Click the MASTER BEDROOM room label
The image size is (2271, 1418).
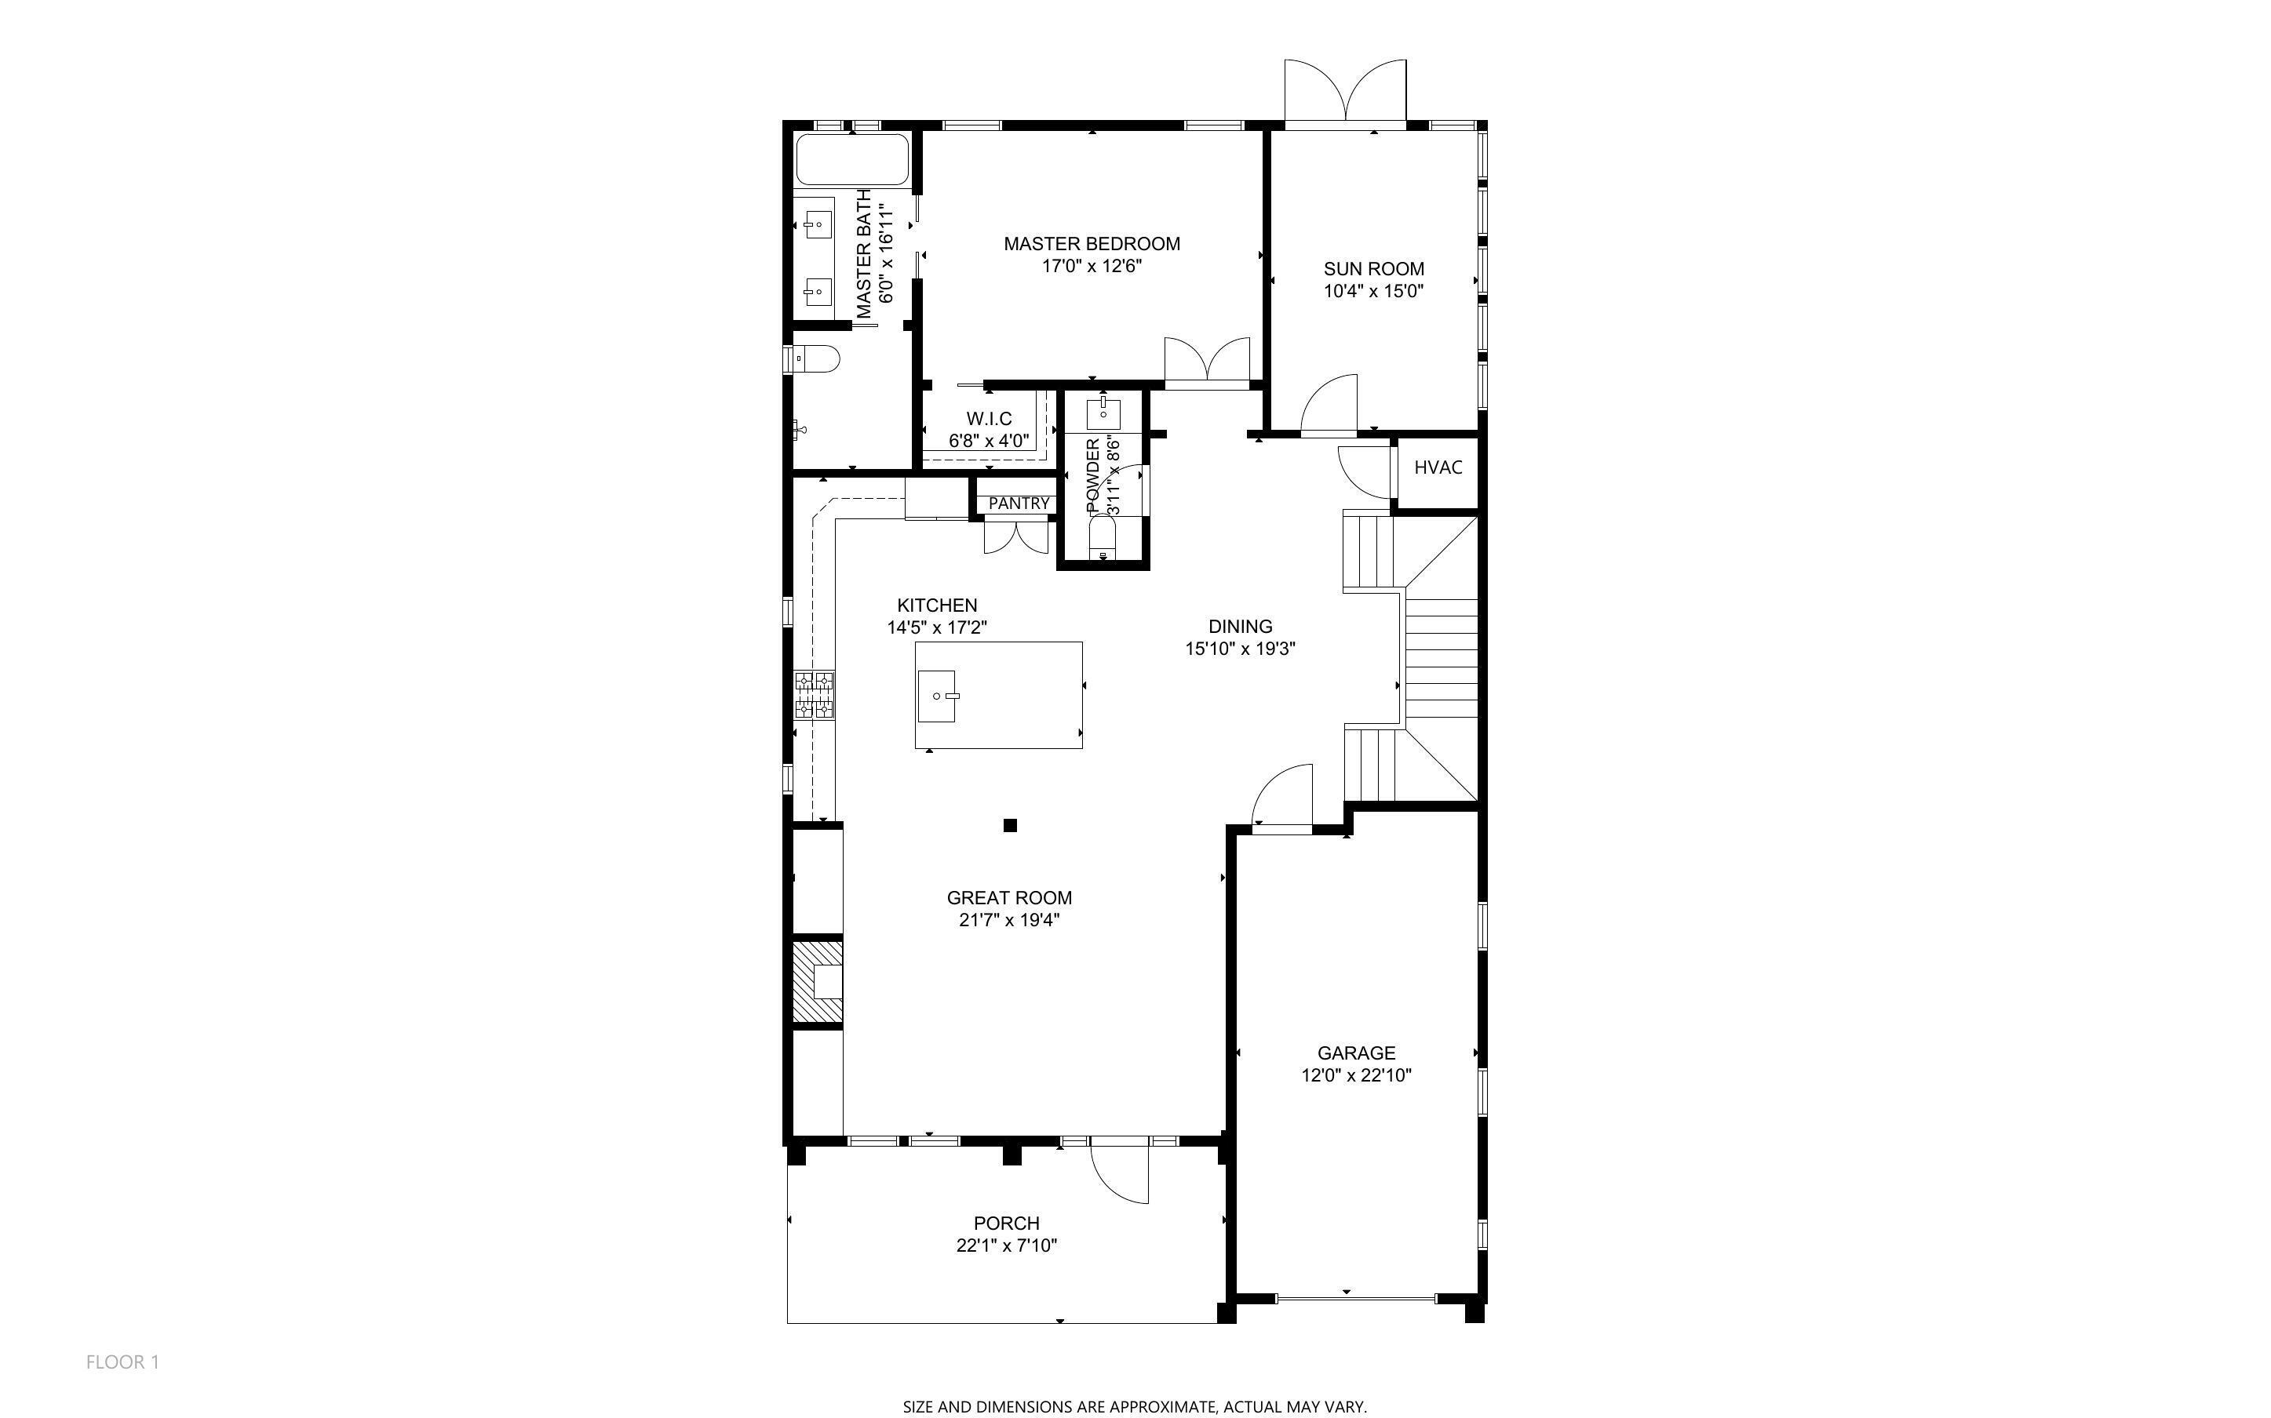pyautogui.click(x=1091, y=244)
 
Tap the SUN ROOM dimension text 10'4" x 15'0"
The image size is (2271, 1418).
pyautogui.click(x=1373, y=292)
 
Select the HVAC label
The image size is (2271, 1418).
pyautogui.click(x=1437, y=467)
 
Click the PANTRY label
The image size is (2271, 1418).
pyautogui.click(x=1019, y=504)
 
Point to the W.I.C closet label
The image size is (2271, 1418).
pyautogui.click(x=989, y=418)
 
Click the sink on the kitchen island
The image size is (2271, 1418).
pyautogui.click(x=937, y=696)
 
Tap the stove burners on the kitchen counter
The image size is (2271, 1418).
pyautogui.click(x=815, y=695)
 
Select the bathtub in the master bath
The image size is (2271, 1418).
pyautogui.click(x=851, y=160)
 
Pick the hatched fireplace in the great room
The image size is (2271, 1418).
pyautogui.click(x=817, y=982)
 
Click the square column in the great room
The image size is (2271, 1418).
pyautogui.click(x=1010, y=825)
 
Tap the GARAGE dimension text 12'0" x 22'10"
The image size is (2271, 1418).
pyautogui.click(x=1355, y=1076)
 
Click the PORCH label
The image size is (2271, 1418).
pyautogui.click(x=1005, y=1223)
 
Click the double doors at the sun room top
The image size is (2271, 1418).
pyautogui.click(x=1345, y=94)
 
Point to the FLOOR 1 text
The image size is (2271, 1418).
pyautogui.click(x=123, y=1362)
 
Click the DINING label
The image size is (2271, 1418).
pyautogui.click(x=1239, y=627)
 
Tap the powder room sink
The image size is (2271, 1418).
pyautogui.click(x=1103, y=411)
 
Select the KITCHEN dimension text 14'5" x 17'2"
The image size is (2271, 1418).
pyautogui.click(x=936, y=627)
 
